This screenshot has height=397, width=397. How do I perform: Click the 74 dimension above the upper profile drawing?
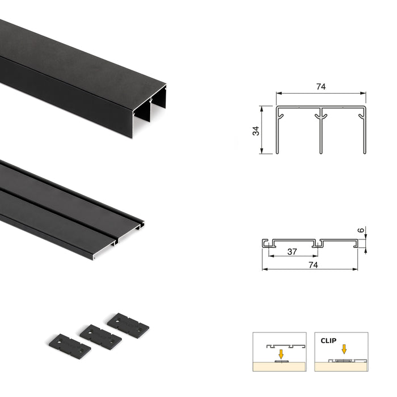click(x=321, y=87)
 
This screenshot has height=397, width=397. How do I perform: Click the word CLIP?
click(x=328, y=341)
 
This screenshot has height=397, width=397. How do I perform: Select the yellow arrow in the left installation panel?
click(x=281, y=353)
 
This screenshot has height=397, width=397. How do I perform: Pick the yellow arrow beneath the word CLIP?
click(x=343, y=349)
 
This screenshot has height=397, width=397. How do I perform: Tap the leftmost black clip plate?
click(x=67, y=345)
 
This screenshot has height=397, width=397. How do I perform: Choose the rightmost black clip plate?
click(x=128, y=323)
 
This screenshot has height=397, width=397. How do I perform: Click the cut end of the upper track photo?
click(x=150, y=110)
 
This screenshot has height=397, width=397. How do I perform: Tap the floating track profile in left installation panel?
click(x=280, y=345)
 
